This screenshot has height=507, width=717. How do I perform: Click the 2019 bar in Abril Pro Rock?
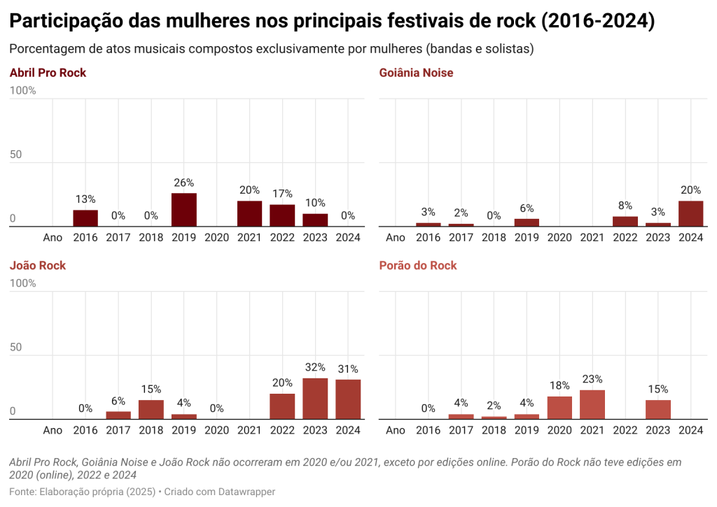(184, 210)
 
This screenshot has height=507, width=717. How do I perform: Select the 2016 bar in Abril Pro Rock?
(85, 218)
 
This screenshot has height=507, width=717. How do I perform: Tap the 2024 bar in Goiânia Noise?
(691, 213)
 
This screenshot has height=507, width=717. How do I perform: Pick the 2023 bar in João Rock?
(315, 399)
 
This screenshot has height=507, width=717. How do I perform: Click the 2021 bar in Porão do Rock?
(592, 404)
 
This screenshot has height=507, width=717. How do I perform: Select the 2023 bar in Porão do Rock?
(658, 409)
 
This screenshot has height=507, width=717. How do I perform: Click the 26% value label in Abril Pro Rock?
(184, 183)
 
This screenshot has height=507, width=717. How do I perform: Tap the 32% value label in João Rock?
(315, 368)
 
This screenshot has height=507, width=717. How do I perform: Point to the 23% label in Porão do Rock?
(592, 380)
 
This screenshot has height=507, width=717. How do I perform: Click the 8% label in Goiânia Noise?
(625, 206)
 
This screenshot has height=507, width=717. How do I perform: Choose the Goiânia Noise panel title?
(416, 73)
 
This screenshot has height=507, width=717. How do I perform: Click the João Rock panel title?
(38, 266)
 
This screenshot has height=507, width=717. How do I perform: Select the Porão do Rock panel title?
(418, 266)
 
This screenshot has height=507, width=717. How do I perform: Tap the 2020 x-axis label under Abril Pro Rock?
(216, 238)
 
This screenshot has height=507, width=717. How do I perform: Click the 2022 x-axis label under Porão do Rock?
(625, 431)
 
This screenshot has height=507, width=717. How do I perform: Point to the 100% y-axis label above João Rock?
(23, 283)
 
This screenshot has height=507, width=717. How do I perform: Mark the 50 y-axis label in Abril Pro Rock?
(16, 155)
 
